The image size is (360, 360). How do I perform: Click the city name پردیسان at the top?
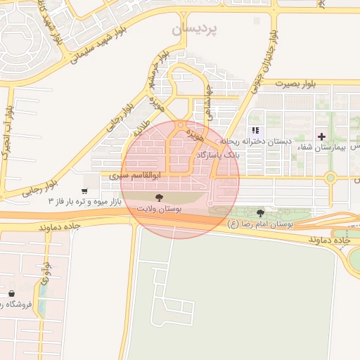tap(195, 30)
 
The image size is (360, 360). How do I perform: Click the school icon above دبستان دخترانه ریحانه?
tap(256, 130)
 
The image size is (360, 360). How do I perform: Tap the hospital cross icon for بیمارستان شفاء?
tap(322, 136)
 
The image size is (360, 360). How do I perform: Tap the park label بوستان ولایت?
tap(159, 210)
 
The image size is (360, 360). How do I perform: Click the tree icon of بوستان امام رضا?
tap(261, 212)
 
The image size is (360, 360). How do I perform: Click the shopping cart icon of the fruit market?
tap(84, 191)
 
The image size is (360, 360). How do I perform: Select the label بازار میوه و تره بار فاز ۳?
tap(84, 202)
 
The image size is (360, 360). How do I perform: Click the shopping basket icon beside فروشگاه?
tap(11, 293)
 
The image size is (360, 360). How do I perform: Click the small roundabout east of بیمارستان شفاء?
tap(330, 177)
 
